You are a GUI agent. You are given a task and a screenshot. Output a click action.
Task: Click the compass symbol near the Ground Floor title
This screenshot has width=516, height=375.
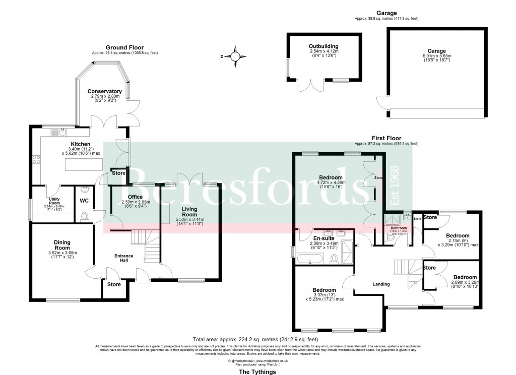click(234, 56)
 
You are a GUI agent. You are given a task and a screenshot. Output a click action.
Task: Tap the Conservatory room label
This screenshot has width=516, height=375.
click(104, 91)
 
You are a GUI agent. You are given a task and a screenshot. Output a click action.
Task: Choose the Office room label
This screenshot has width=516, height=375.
click(135, 197)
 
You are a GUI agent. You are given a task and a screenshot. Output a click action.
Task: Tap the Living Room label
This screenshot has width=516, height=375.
click(186, 212)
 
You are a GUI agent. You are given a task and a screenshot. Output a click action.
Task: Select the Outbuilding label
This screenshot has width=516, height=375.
click(323, 46)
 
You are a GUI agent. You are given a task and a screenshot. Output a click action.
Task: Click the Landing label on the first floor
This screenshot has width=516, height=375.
click(381, 284)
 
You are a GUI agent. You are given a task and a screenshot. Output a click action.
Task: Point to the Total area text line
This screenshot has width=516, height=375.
click(255, 339)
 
